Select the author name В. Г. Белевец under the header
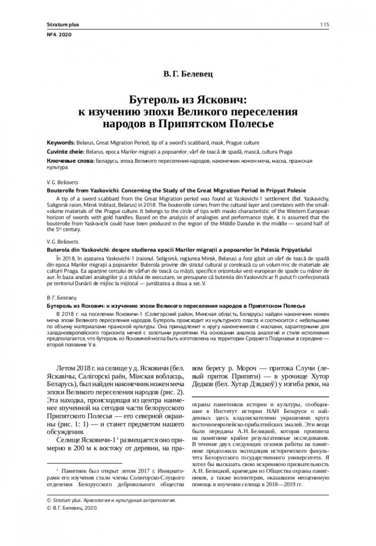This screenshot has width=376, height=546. pyautogui.click(x=188, y=75)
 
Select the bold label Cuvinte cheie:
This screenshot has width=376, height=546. pyautogui.click(x=65, y=151)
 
